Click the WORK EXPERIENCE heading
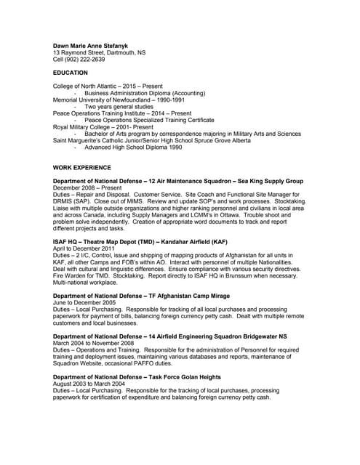pos(85,167)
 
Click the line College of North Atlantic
pos(108,86)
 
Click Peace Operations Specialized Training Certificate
pos(149,120)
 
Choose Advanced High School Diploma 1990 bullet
pos(133,147)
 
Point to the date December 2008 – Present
pos(87,187)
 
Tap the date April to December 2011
pos(85,248)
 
